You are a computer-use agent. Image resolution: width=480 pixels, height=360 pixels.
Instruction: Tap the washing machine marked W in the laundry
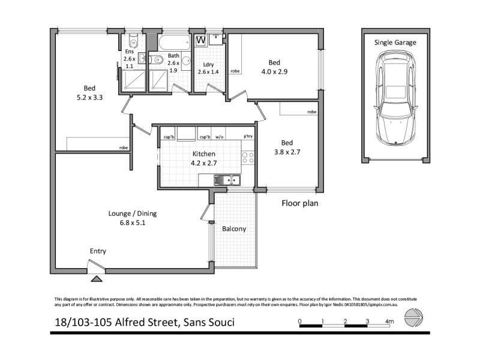click(x=201, y=40)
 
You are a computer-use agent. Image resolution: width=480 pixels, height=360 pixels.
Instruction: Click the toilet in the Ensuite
click(x=133, y=41)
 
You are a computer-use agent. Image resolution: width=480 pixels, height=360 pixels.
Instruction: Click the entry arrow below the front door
click(x=96, y=278)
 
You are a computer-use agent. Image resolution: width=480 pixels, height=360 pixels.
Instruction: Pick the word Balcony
click(x=233, y=229)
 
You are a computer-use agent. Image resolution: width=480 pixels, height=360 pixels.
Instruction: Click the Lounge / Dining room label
click(x=128, y=213)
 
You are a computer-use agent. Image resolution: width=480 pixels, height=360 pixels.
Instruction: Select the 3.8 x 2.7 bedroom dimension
click(x=287, y=152)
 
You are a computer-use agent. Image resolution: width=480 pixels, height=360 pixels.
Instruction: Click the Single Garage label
click(x=395, y=43)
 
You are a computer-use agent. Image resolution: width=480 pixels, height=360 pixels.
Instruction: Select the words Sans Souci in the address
click(x=208, y=323)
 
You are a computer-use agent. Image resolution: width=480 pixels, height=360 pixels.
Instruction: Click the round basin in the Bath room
click(x=157, y=59)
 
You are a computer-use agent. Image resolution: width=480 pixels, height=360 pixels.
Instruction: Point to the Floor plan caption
click(x=300, y=203)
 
